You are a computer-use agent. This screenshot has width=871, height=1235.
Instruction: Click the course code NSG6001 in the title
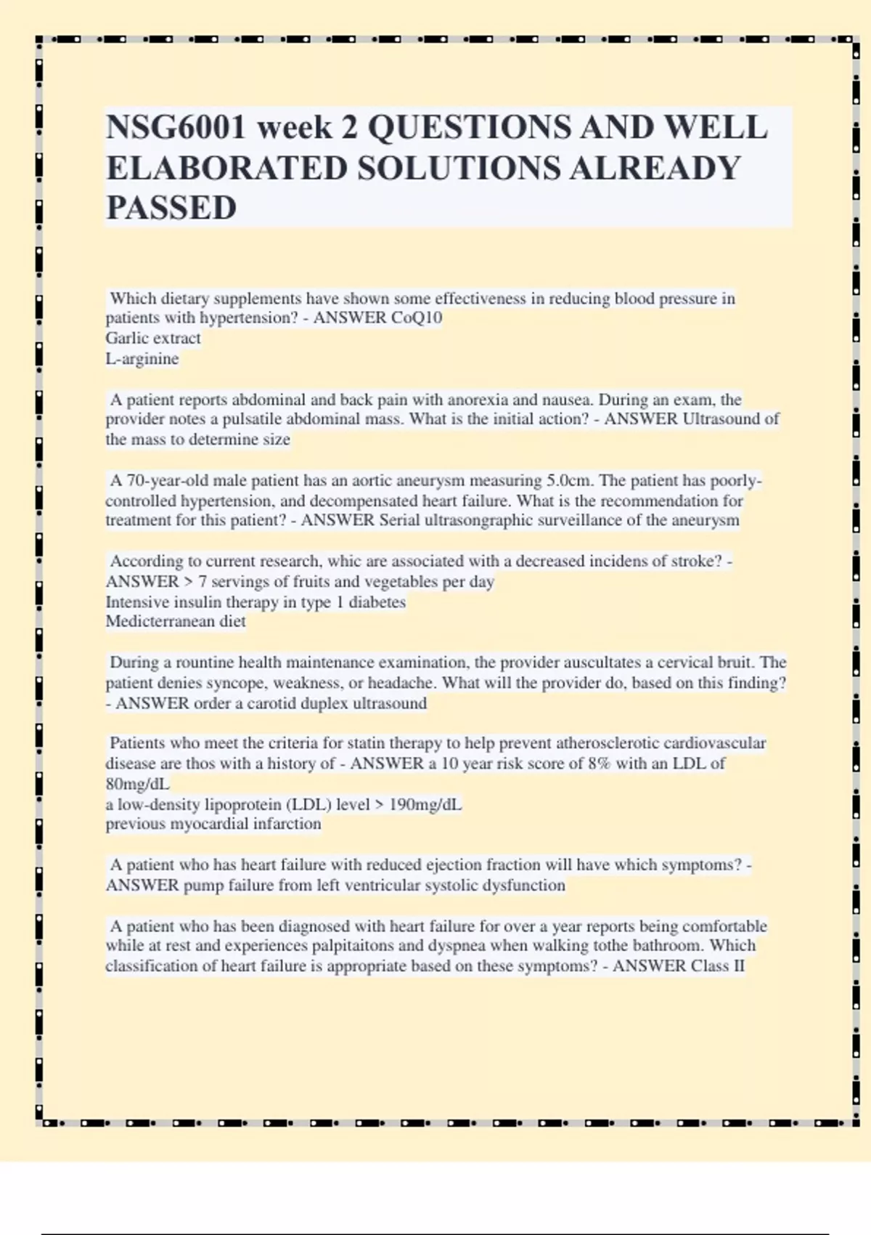pyautogui.click(x=177, y=128)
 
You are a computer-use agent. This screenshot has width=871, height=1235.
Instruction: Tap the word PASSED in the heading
pyautogui.click(x=171, y=208)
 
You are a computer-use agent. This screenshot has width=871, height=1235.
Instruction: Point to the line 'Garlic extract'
pyautogui.click(x=153, y=339)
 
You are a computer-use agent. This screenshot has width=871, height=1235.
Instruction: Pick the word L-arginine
pyautogui.click(x=142, y=359)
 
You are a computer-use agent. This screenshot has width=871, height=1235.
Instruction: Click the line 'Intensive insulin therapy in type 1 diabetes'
pyautogui.click(x=255, y=602)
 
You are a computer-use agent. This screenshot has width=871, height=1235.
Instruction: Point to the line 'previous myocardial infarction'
pyautogui.click(x=213, y=825)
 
